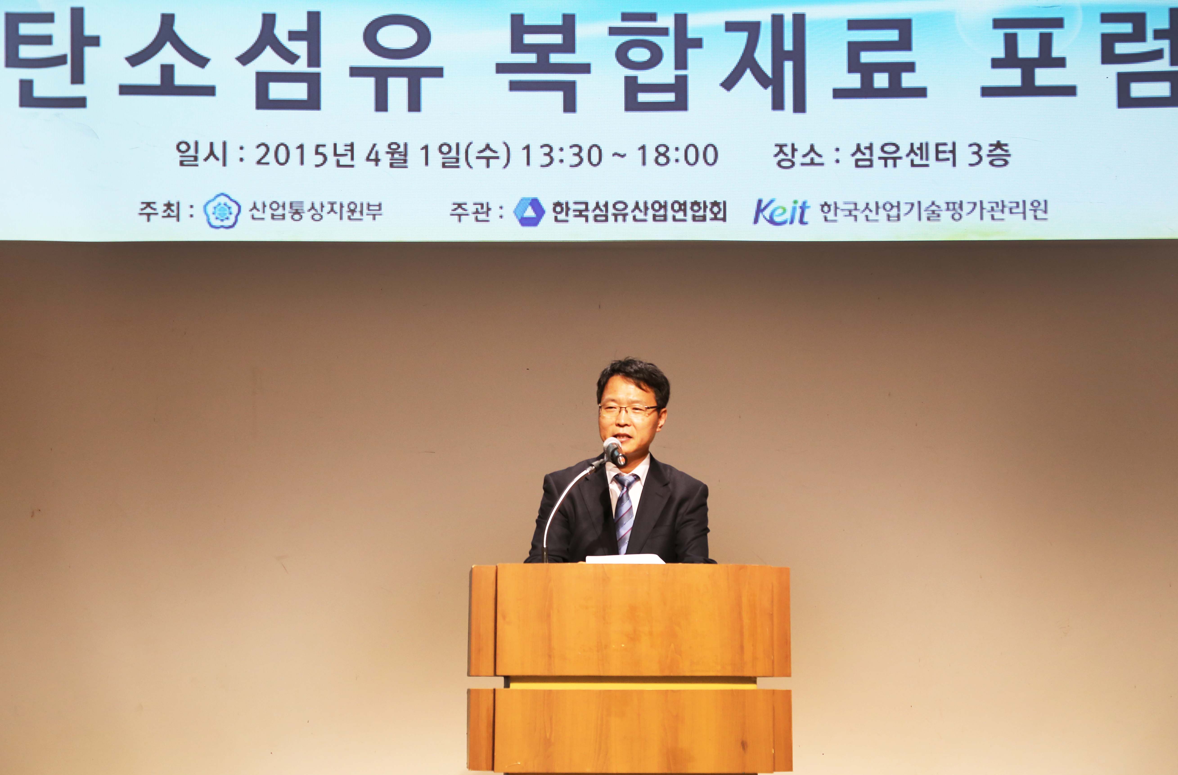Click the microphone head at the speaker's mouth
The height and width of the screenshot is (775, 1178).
[x=614, y=450]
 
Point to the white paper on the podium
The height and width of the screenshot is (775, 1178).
[x=625, y=559]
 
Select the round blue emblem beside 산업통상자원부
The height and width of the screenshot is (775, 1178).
[x=222, y=211]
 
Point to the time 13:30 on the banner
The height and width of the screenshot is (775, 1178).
[x=563, y=155]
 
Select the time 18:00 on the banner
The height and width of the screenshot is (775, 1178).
[x=677, y=155]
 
